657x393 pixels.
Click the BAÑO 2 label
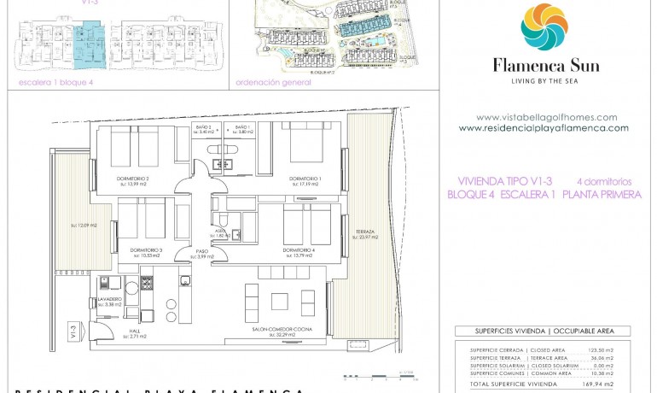coord(203,126)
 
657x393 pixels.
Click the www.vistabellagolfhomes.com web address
coord(546,117)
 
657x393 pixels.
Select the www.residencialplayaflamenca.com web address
coord(544,128)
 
